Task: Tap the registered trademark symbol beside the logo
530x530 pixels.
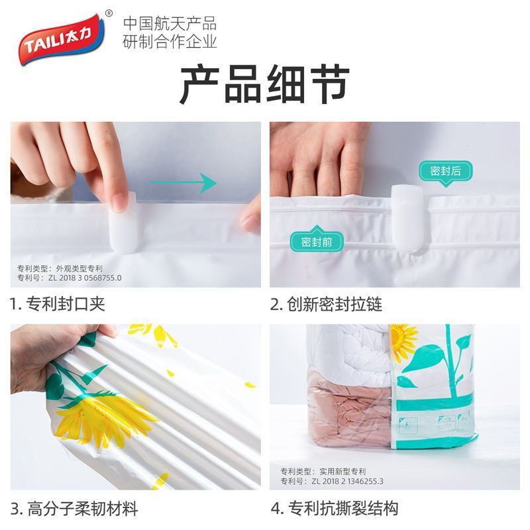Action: (x=109, y=13)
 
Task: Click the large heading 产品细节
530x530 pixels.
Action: (x=264, y=85)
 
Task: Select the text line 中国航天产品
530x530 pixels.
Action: (x=170, y=24)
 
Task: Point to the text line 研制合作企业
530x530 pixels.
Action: (x=170, y=42)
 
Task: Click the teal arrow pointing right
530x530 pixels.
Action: (x=184, y=183)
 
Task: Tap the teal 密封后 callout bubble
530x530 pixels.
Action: (x=445, y=172)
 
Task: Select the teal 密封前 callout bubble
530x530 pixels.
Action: (x=317, y=240)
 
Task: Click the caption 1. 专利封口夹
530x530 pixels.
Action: (x=57, y=303)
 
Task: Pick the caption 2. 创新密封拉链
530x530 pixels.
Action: (x=327, y=304)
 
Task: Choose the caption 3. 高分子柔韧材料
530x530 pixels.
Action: (x=74, y=509)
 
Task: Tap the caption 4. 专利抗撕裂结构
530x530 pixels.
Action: (x=335, y=508)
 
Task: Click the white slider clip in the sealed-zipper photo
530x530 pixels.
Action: (x=407, y=219)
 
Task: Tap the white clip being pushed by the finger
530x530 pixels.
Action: (x=123, y=223)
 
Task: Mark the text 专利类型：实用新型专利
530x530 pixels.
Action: (x=323, y=471)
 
